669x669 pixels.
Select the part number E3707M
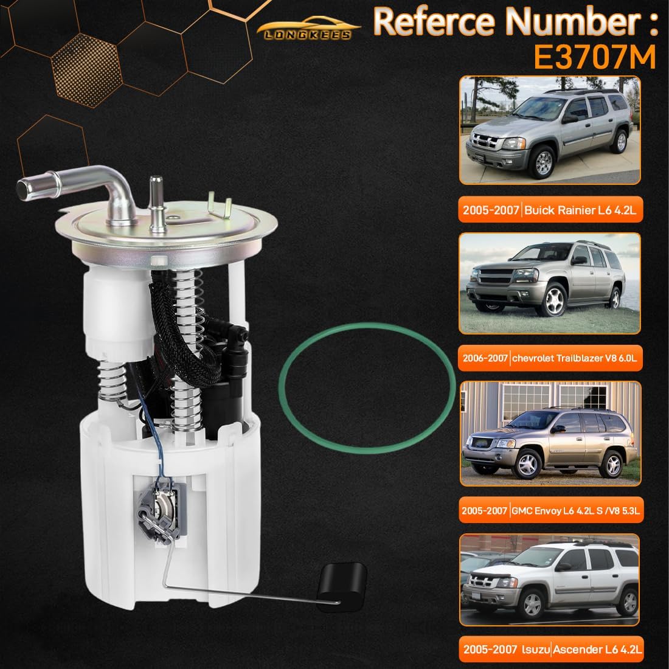coord(595,57)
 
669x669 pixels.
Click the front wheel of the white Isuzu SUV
coord(532,602)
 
